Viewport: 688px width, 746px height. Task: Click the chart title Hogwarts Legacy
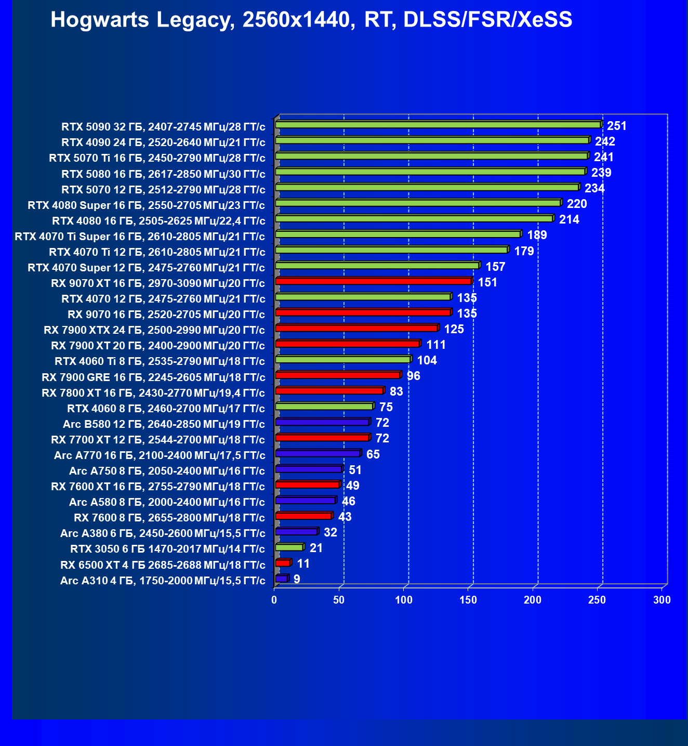(311, 20)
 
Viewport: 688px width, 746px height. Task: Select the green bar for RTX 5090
(438, 125)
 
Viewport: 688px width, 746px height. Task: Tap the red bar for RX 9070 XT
(373, 281)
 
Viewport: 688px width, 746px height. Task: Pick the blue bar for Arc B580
(322, 422)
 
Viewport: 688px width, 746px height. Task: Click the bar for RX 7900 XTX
(356, 328)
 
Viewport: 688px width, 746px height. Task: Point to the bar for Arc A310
(281, 579)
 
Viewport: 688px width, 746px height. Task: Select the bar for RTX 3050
(289, 547)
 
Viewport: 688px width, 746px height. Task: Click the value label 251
(617, 126)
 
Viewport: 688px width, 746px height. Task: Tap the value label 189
(537, 235)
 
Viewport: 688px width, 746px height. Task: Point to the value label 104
(427, 360)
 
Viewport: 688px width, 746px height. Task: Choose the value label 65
(373, 454)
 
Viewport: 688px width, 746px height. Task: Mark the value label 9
(297, 579)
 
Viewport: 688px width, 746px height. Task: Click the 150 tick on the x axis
(468, 600)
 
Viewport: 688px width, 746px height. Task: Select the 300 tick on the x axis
(662, 600)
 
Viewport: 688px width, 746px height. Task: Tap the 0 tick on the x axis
(274, 600)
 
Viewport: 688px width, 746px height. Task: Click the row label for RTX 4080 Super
(146, 205)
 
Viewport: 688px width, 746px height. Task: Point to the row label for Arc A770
(160, 455)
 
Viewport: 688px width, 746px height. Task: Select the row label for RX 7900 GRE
(153, 377)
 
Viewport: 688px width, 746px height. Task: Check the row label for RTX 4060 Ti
(160, 361)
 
